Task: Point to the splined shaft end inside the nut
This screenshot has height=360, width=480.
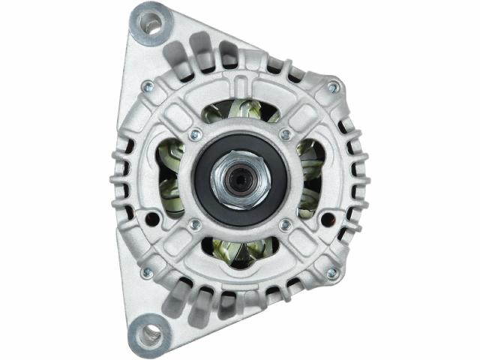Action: (241, 180)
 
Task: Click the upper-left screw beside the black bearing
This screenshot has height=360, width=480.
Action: (195, 135)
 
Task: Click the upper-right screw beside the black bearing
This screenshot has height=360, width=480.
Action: (285, 135)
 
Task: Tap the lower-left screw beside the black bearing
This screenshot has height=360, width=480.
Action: (195, 223)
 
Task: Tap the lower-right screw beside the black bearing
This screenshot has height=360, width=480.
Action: (285, 223)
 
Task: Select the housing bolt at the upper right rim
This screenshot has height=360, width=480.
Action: (332, 88)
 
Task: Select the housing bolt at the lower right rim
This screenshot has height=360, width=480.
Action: (332, 273)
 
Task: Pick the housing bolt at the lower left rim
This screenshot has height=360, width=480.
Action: (147, 273)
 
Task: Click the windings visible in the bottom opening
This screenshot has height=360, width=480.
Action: (240, 251)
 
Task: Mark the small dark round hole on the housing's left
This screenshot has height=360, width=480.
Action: (153, 220)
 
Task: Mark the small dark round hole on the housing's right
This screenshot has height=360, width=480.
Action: (327, 220)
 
